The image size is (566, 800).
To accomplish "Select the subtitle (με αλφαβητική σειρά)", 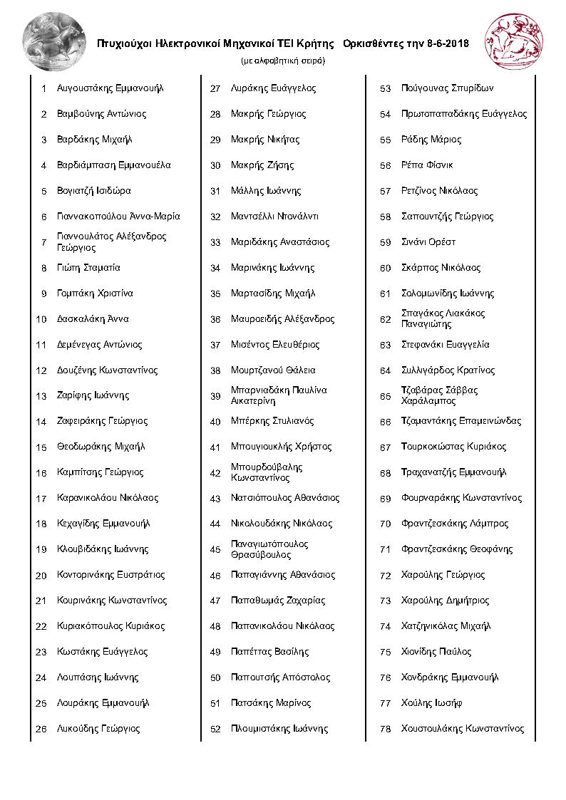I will pyautogui.click(x=283, y=61).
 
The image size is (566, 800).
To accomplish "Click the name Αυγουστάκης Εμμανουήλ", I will pyautogui.click(x=110, y=88).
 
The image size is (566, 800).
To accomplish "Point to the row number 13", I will pyautogui.click(x=41, y=396).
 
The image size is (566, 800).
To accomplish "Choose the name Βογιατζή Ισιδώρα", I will pyautogui.click(x=94, y=191).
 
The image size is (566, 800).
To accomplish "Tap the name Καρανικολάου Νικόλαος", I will pyautogui.click(x=108, y=498).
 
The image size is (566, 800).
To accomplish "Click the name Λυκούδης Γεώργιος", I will pyautogui.click(x=98, y=729).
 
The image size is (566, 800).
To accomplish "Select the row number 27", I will pyautogui.click(x=215, y=89).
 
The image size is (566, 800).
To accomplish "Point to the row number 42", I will pyautogui.click(x=215, y=473).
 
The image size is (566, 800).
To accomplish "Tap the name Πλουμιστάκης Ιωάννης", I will pyautogui.click(x=279, y=729).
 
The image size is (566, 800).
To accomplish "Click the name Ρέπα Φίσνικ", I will pyautogui.click(x=427, y=165).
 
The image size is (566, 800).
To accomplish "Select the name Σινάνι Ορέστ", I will pyautogui.click(x=428, y=242).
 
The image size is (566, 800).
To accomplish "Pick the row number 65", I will pyautogui.click(x=386, y=396).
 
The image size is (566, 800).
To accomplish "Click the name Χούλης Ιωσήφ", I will pyautogui.click(x=432, y=703).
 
